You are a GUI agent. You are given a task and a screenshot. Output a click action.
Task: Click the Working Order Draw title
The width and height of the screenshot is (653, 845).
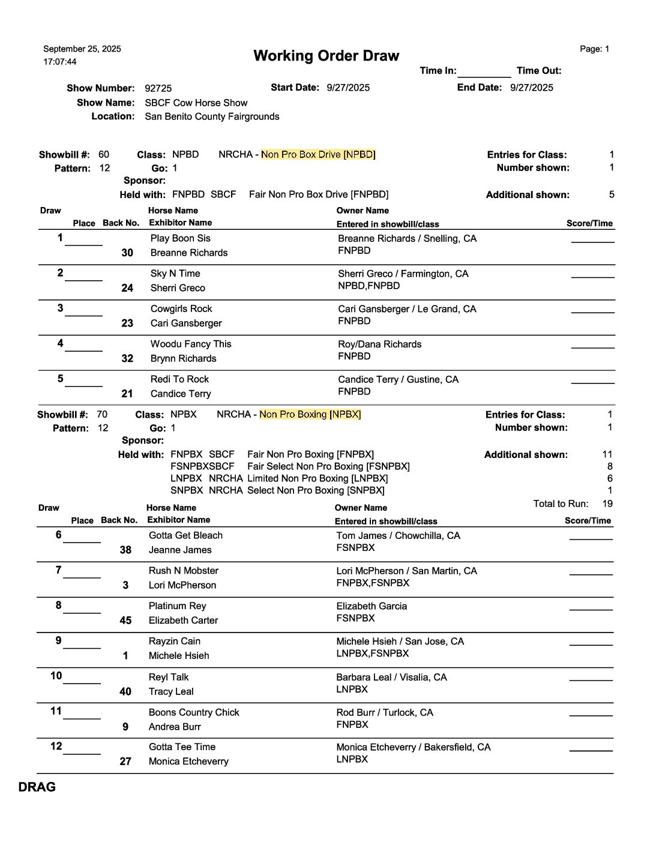click(326, 56)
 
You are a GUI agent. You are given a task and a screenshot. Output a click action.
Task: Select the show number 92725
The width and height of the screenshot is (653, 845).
click(158, 88)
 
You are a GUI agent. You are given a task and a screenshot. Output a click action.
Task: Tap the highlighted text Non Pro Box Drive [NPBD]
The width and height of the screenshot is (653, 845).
click(318, 155)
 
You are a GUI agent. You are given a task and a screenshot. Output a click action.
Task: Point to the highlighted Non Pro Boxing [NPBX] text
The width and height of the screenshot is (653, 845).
click(310, 415)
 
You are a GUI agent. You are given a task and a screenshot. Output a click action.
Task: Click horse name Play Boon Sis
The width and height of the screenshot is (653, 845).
click(180, 238)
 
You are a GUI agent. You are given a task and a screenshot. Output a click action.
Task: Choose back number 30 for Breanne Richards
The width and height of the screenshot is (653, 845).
click(127, 253)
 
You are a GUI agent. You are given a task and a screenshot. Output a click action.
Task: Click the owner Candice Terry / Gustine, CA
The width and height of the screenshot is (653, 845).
click(398, 379)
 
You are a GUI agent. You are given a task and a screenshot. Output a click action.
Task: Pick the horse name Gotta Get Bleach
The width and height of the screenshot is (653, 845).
click(185, 535)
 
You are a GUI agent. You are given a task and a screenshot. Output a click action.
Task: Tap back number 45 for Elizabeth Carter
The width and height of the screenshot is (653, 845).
click(125, 621)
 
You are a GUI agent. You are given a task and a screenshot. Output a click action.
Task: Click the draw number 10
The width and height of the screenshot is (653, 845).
click(56, 676)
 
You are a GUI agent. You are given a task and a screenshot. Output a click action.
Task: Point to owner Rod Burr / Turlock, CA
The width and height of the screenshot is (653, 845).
click(384, 712)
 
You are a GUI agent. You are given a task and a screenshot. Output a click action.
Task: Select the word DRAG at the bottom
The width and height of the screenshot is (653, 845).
click(37, 787)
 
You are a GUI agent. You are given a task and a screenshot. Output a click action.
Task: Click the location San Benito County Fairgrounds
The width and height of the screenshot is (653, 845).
click(212, 116)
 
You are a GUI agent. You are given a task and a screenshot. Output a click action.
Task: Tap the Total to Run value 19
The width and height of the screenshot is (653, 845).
click(607, 504)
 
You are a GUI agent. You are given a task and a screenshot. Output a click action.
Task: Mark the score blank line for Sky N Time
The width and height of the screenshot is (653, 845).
click(592, 277)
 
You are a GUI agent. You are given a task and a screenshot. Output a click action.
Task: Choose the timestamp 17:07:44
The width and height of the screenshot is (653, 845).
click(60, 62)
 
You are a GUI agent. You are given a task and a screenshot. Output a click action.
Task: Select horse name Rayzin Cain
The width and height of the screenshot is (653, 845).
click(174, 641)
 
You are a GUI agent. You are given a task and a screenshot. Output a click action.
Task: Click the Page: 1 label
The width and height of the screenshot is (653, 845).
click(594, 49)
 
